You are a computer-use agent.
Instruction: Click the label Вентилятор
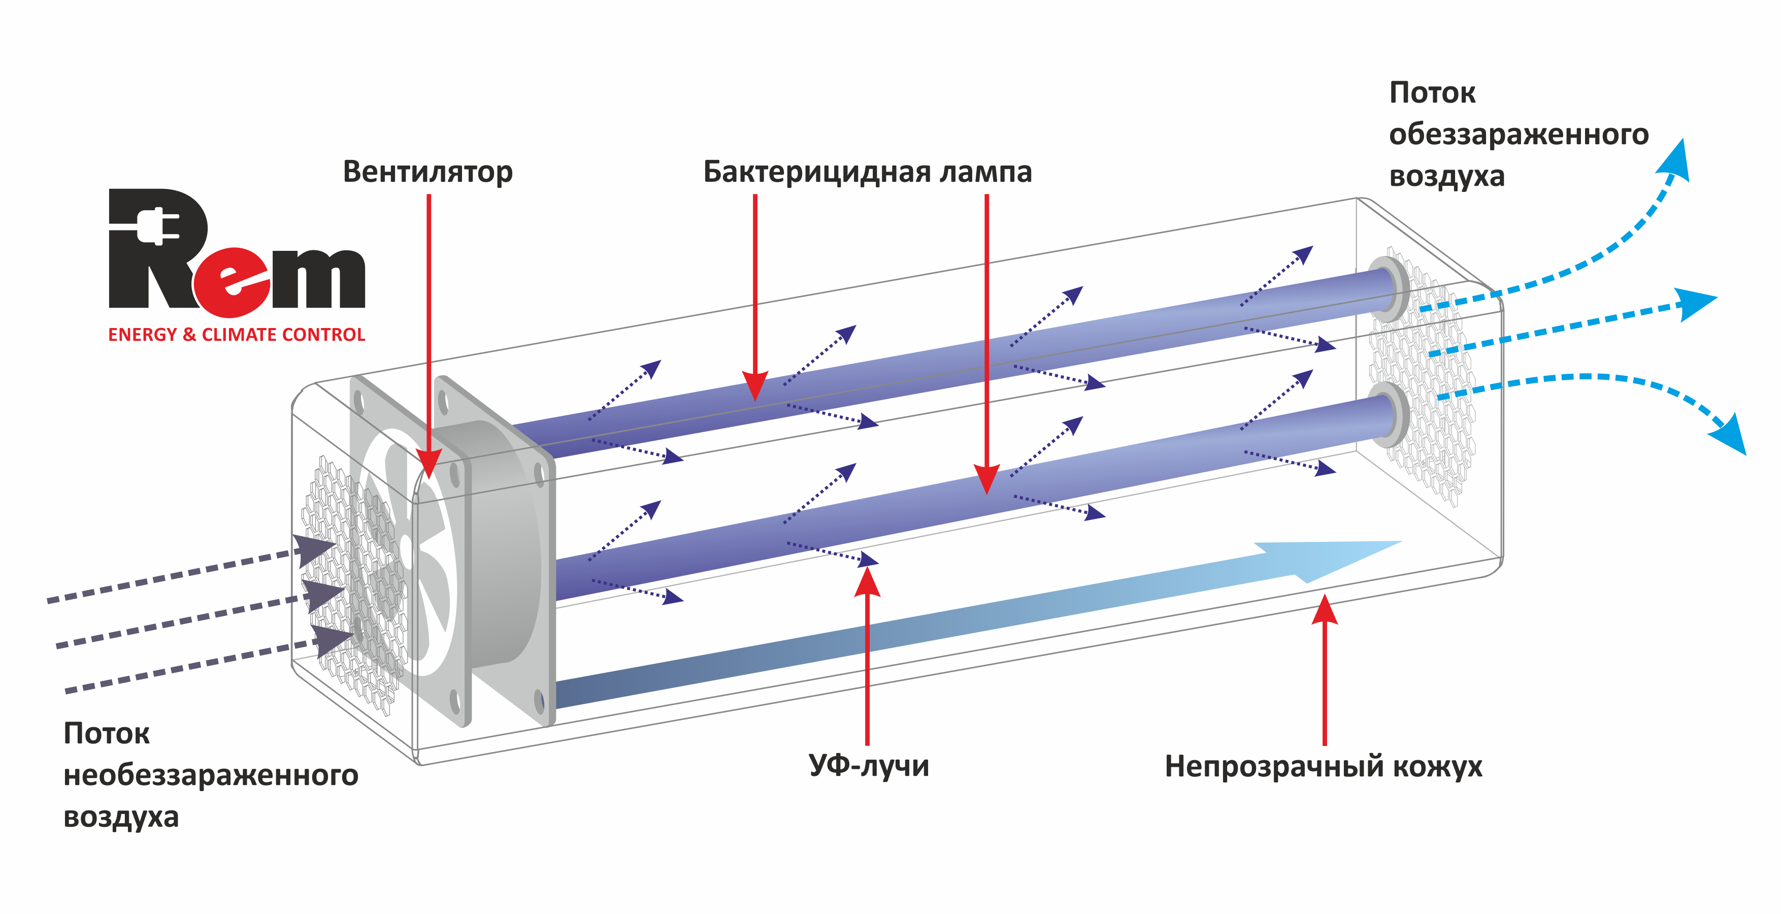coord(427,172)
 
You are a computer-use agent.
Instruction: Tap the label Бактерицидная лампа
coord(867,172)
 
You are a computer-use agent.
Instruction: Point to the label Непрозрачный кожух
coord(1323,766)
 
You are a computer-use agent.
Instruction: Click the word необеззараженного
coord(211,775)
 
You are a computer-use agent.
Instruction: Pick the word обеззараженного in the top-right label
coord(1519,134)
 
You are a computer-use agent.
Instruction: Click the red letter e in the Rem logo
coord(232,280)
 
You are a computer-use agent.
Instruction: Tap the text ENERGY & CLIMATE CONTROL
coord(237,335)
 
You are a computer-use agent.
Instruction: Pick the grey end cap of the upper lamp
coord(1390,288)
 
